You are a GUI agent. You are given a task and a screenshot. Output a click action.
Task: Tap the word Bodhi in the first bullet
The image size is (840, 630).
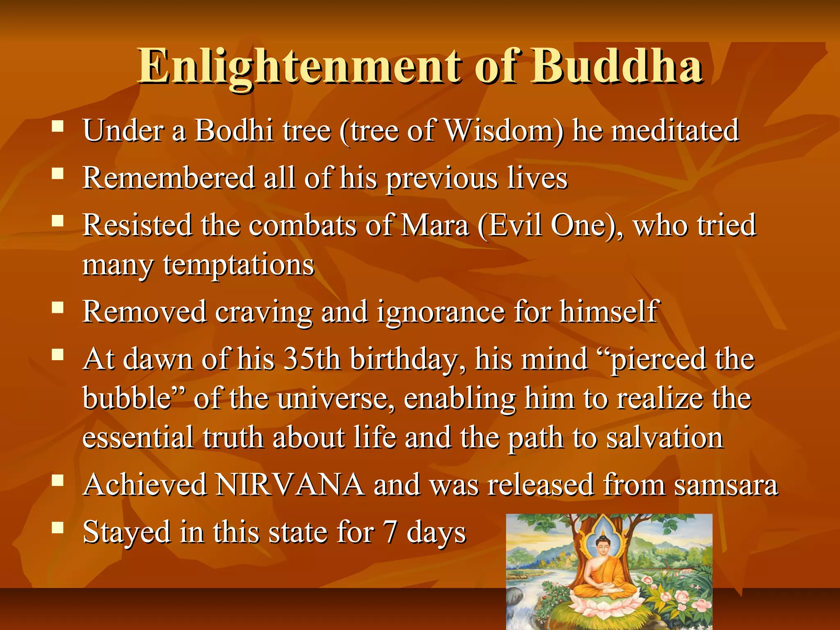click(234, 130)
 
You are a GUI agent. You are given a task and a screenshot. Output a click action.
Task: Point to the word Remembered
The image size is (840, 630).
click(169, 178)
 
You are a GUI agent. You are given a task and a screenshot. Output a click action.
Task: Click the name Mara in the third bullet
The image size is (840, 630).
click(435, 225)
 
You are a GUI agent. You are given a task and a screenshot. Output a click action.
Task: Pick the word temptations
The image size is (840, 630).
click(239, 265)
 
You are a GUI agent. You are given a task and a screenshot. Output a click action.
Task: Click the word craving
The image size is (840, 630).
click(264, 312)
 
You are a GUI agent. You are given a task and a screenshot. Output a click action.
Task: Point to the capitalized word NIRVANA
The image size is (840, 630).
click(290, 485)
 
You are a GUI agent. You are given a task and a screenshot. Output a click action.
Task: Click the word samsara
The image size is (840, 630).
click(726, 485)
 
